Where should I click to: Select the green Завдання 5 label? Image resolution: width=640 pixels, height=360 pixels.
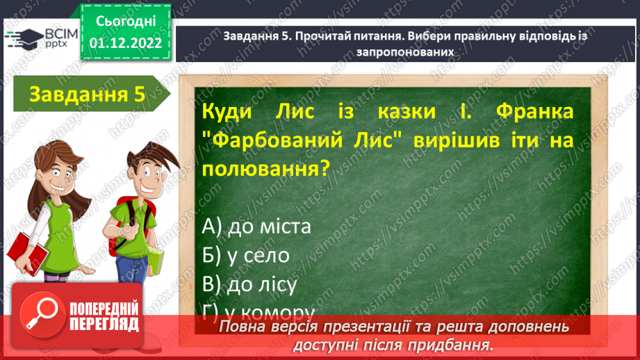(87, 95)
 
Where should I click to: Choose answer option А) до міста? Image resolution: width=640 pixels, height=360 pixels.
(258, 227)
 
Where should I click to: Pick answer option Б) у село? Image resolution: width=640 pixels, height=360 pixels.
(247, 255)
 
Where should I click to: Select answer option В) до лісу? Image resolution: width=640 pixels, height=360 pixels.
(250, 284)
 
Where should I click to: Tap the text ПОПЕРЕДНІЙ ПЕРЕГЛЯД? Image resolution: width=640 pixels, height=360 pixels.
(105, 316)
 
